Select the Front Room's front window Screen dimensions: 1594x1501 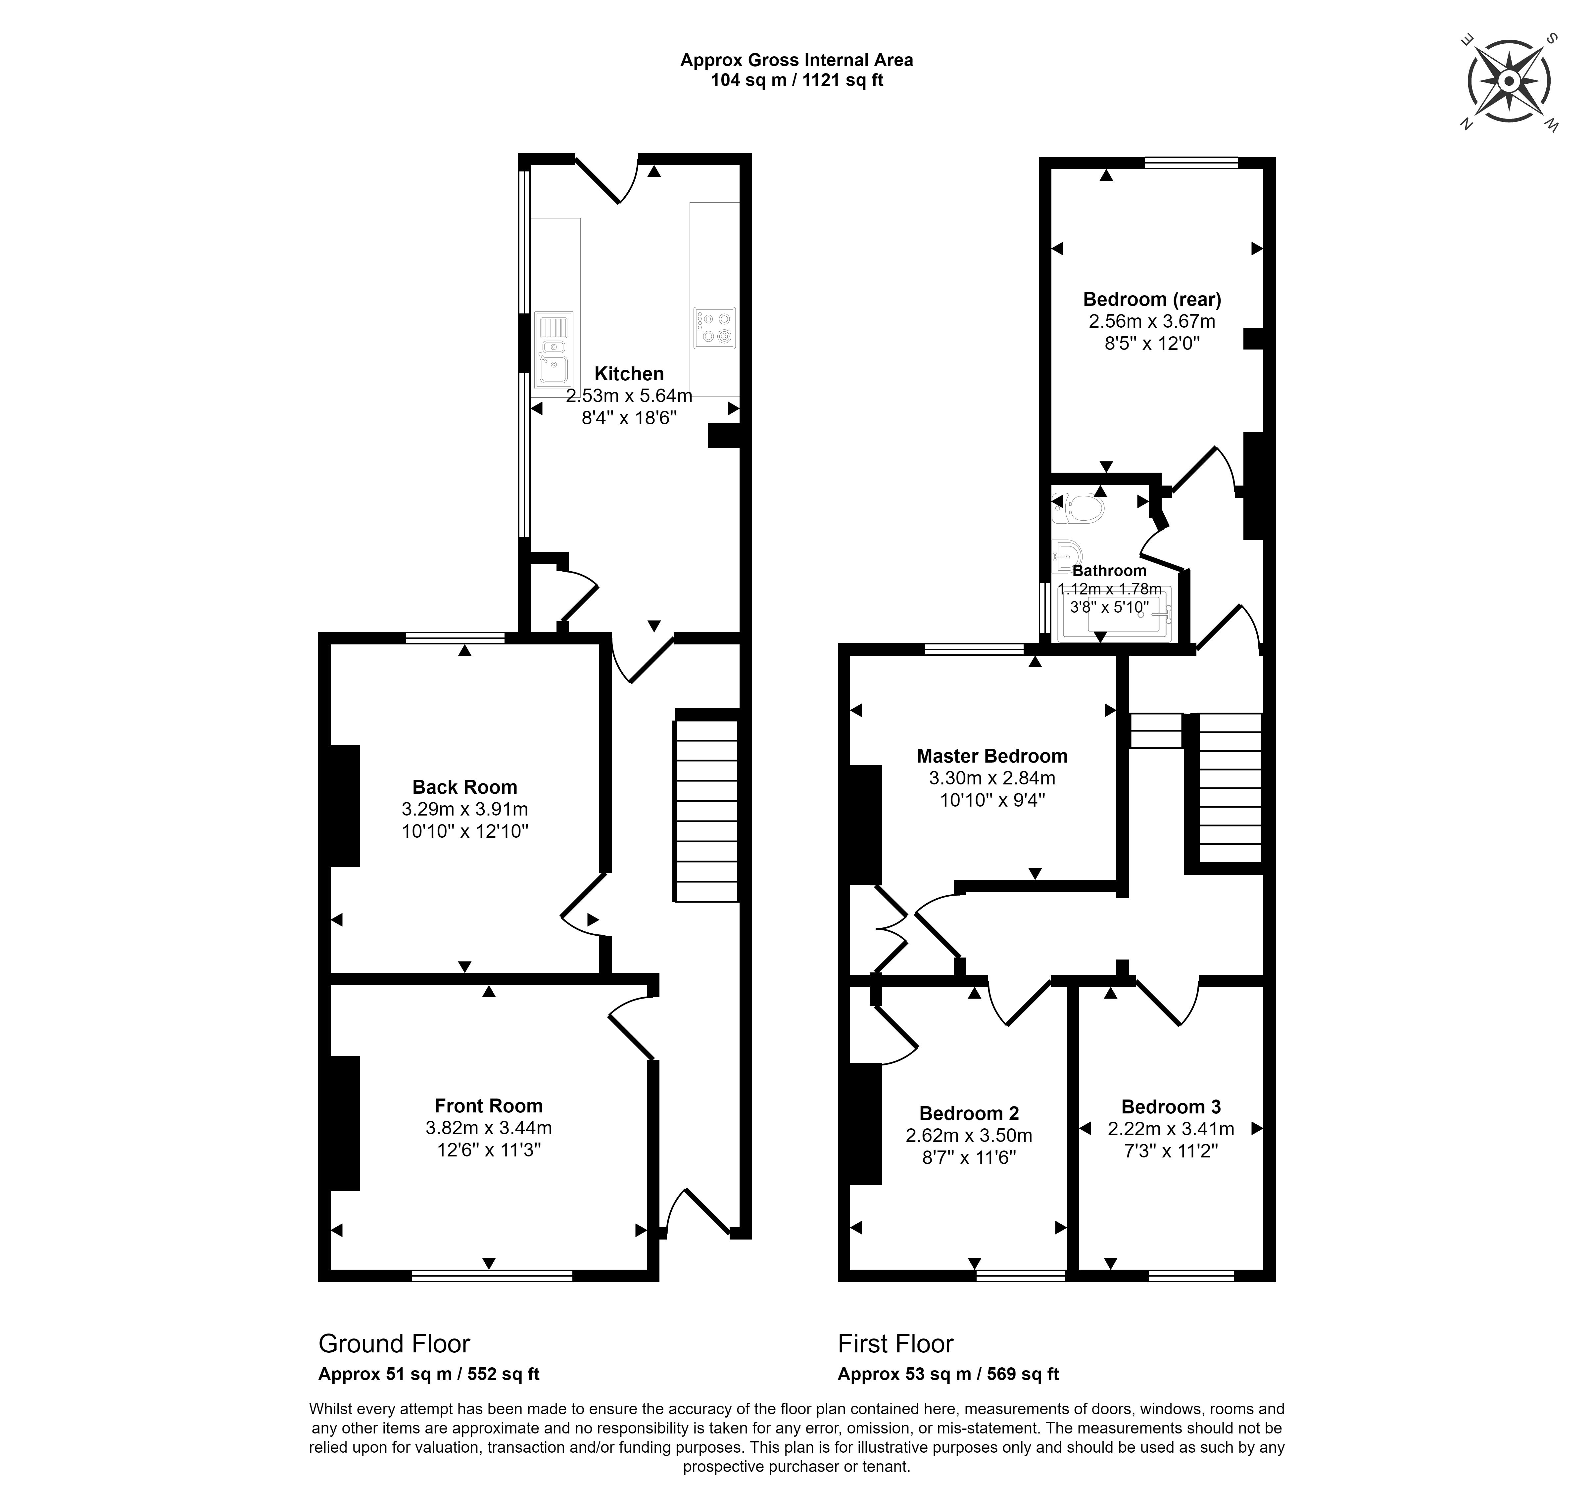click(x=492, y=1276)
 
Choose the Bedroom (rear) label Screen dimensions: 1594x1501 click(x=1152, y=299)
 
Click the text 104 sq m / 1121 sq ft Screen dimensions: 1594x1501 click(x=797, y=80)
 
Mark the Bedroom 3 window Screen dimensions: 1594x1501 click(x=1191, y=1276)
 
